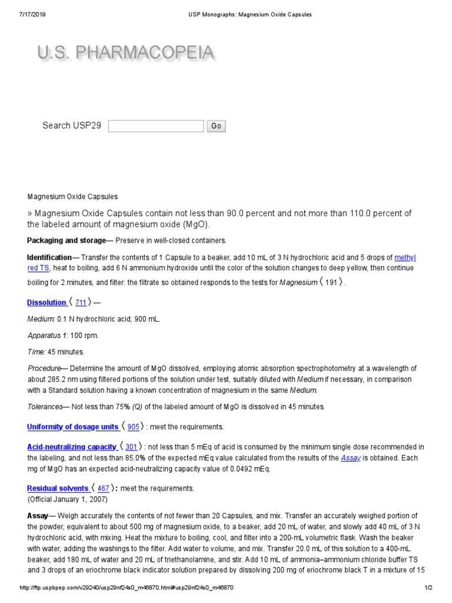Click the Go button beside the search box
216,126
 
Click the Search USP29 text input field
156,126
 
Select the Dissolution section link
47,303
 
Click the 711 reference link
81,303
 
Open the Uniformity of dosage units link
73,427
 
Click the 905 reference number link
133,427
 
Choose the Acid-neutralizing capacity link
72,448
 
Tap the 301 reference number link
131,448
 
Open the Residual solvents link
58,489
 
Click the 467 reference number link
103,489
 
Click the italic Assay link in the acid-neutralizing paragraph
351,458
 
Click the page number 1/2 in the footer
428,588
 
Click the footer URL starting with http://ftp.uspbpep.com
127,588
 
